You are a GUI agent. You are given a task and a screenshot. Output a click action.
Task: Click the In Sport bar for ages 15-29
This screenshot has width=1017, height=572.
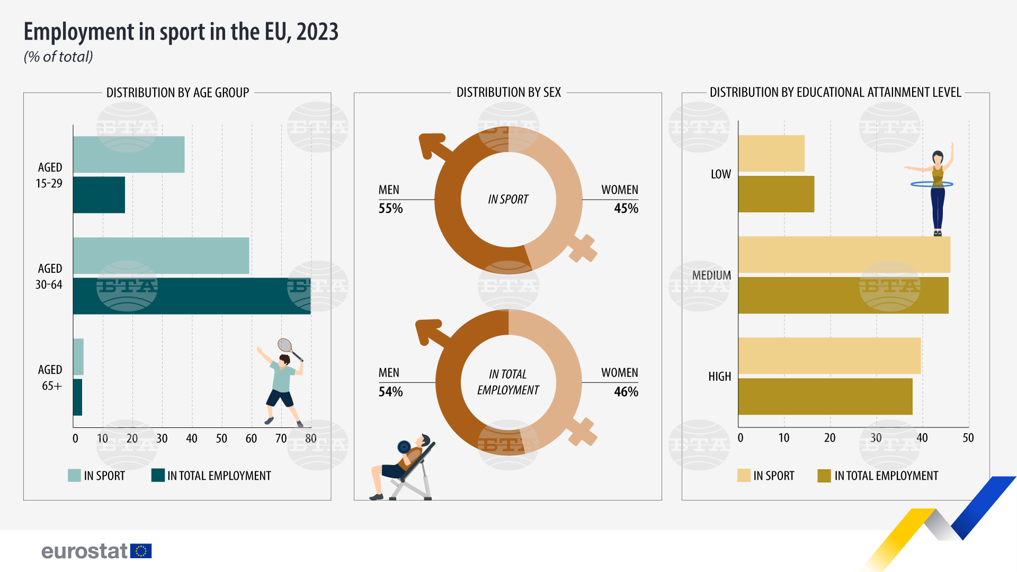click(x=129, y=155)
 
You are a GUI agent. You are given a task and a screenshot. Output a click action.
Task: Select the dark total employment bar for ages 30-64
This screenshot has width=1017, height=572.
click(x=192, y=296)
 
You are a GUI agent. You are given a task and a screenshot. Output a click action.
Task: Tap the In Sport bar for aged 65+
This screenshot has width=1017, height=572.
click(x=78, y=356)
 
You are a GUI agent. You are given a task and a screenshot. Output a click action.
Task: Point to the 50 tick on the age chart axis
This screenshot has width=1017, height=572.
click(x=221, y=439)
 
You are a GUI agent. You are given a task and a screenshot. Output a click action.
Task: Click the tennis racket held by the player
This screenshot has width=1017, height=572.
click(x=286, y=346)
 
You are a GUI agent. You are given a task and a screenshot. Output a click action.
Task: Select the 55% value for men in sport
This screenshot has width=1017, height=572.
click(x=390, y=209)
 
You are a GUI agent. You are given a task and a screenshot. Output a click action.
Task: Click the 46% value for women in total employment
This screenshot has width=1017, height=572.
click(x=626, y=392)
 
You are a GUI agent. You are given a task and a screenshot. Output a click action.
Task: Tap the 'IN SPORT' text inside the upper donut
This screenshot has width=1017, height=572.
click(x=508, y=200)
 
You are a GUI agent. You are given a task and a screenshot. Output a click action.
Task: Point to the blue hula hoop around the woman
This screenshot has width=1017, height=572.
click(x=932, y=184)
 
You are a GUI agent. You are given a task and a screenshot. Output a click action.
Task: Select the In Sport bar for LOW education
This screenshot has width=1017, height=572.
click(x=771, y=154)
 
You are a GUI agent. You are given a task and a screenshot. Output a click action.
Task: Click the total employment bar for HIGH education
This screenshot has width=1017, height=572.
click(x=825, y=396)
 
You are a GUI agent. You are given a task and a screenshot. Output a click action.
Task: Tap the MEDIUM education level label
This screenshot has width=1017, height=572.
click(x=711, y=275)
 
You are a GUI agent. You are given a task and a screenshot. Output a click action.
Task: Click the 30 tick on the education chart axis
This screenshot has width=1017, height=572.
click(x=876, y=438)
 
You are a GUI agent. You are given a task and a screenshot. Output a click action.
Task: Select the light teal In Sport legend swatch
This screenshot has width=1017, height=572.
click(x=74, y=476)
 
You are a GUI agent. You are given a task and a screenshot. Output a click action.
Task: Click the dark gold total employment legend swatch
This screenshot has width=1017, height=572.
click(x=824, y=476)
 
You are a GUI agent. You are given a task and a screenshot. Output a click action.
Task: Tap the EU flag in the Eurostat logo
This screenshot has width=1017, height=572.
click(x=141, y=551)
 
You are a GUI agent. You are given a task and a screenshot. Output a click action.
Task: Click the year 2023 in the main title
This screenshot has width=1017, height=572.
click(x=317, y=32)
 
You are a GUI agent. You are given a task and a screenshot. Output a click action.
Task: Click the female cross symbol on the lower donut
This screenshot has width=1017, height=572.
click(x=583, y=432)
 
